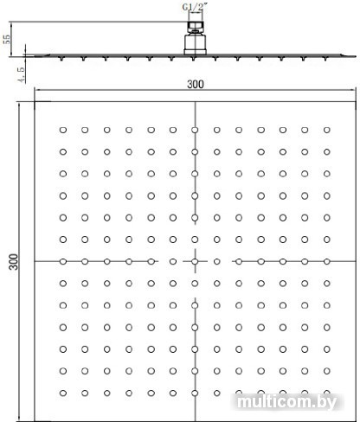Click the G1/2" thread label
(x=193, y=7)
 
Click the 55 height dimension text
(x=6, y=39)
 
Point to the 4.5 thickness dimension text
(x=21, y=74)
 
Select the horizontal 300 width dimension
(x=196, y=85)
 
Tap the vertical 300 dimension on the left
(x=14, y=262)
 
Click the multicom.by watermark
(x=286, y=402)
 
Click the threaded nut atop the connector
(x=196, y=27)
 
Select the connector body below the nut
(x=196, y=44)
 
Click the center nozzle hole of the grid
(x=195, y=262)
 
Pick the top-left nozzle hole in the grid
(x=63, y=130)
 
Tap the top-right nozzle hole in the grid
(x=327, y=130)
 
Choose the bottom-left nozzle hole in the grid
(x=63, y=393)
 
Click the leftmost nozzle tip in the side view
(x=61, y=59)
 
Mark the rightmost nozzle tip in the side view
(x=325, y=59)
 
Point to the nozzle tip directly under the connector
(x=193, y=59)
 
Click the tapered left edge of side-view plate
(x=40, y=55)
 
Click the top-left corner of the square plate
(x=35, y=102)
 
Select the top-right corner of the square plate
(x=356, y=102)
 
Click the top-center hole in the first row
(x=195, y=130)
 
